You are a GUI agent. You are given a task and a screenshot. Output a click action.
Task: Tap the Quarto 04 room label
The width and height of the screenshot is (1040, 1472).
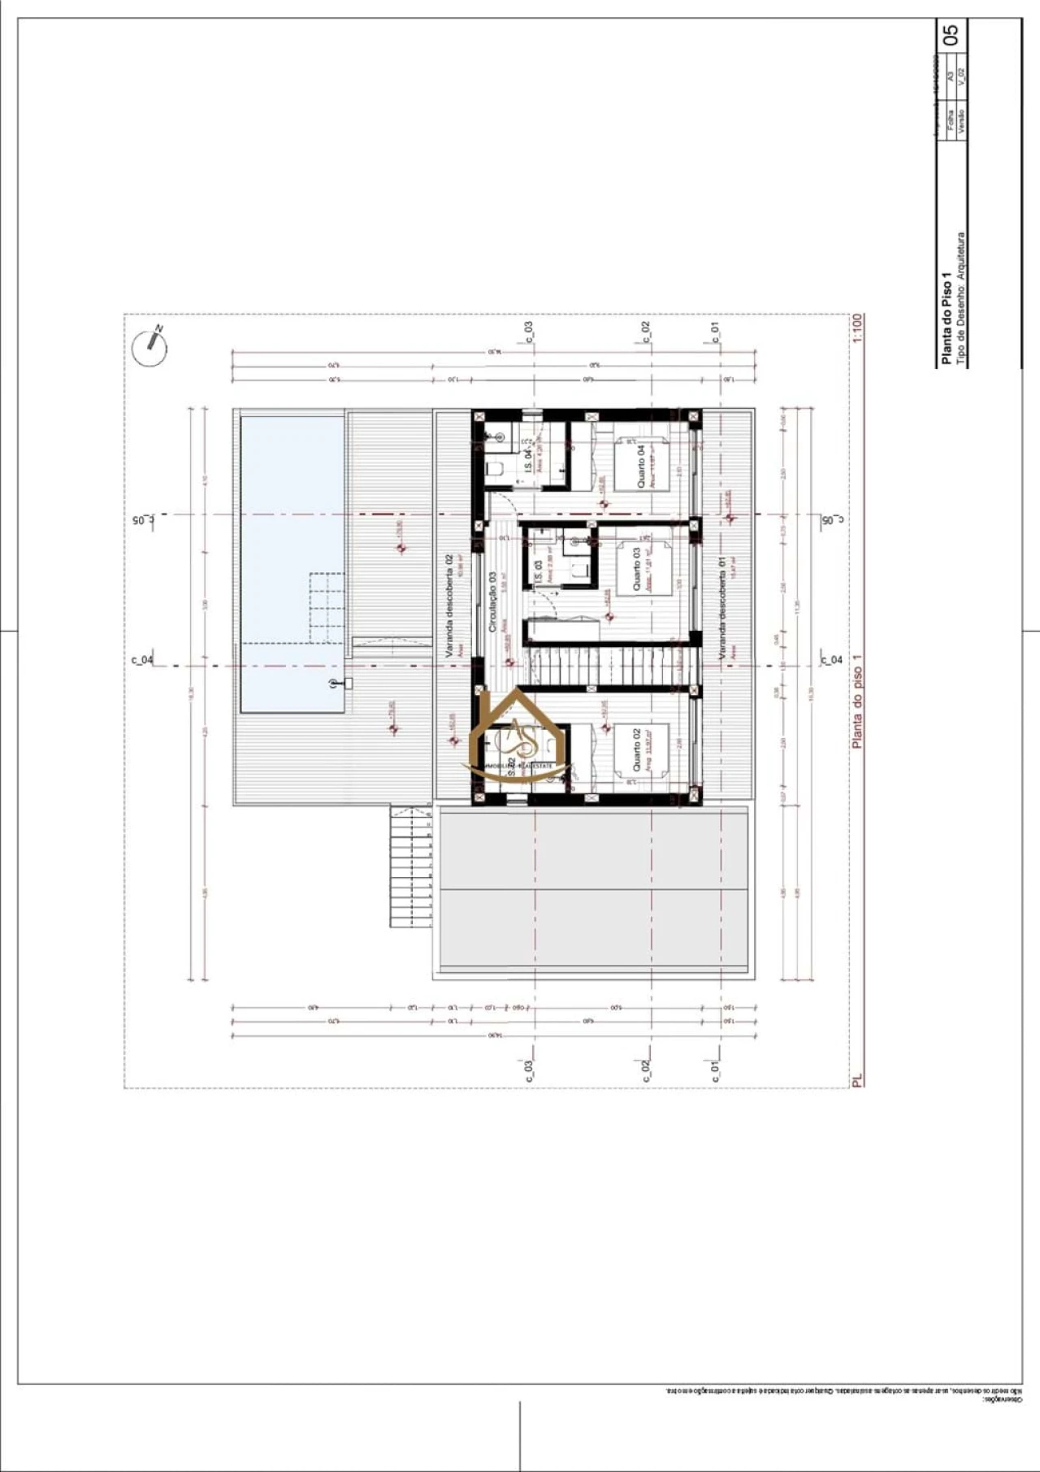(641, 466)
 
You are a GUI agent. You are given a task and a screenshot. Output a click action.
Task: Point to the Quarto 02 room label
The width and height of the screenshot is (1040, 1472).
(636, 749)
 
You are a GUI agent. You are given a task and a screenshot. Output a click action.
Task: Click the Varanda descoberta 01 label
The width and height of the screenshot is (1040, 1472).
(722, 606)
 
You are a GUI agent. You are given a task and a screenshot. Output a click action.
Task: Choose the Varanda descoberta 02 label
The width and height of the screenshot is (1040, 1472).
(448, 605)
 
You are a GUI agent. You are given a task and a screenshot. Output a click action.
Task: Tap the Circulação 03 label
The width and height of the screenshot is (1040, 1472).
(492, 601)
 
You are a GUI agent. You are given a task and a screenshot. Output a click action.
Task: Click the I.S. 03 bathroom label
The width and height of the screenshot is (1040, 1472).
(538, 571)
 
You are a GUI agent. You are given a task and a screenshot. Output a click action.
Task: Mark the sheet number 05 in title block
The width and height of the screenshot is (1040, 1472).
(950, 34)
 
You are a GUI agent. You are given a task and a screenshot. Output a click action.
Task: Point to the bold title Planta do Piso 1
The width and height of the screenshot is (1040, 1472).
(946, 317)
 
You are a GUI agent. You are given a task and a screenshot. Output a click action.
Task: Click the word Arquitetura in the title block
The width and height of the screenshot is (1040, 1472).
(960, 257)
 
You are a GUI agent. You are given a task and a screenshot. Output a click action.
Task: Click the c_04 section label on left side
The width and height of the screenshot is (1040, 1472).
(142, 659)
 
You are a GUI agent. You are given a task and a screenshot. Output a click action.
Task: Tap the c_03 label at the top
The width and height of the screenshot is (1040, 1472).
(528, 332)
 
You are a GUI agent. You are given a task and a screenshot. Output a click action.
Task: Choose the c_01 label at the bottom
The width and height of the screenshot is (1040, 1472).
(715, 1070)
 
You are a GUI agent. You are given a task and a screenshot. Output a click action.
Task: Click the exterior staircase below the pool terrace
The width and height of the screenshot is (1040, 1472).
(410, 866)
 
